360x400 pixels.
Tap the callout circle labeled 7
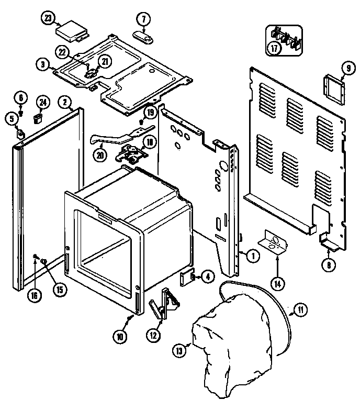pyautogui.click(x=143, y=19)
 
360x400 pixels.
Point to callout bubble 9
pyautogui.click(x=346, y=67)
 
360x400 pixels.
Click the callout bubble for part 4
pyautogui.click(x=207, y=276)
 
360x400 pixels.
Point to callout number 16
pyautogui.click(x=35, y=295)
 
